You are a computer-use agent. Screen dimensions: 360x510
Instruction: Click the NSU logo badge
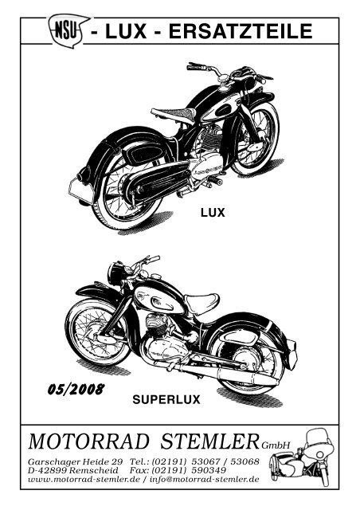coord(68,30)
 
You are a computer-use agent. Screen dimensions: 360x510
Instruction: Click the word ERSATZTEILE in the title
coord(241,32)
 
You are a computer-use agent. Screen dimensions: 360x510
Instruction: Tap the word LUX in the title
coord(126,32)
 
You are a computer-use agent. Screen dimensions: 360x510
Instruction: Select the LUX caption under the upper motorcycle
coord(213,213)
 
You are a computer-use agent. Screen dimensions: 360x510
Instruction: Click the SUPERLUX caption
coord(166,399)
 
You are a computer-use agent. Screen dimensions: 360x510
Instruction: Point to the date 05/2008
coord(76,389)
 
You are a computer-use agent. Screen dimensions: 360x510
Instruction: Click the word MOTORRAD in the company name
coord(88,441)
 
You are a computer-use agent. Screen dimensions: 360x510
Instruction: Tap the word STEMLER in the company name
coord(209,441)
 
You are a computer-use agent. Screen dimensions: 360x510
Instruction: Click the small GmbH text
coord(275,445)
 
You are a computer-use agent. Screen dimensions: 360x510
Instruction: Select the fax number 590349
coord(209,470)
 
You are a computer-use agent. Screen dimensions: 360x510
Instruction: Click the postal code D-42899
coord(48,470)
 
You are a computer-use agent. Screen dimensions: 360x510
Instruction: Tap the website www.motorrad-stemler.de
coord(84,479)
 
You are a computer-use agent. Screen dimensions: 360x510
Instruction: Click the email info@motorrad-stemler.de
coord(204,479)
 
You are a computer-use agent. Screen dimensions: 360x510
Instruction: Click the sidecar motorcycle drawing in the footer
coord(302,457)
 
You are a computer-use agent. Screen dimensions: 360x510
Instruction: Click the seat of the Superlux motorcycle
coord(202,303)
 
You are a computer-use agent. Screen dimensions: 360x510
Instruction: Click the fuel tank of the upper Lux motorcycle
coord(221,108)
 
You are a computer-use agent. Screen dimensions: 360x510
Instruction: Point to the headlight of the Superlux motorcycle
coord(115,273)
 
